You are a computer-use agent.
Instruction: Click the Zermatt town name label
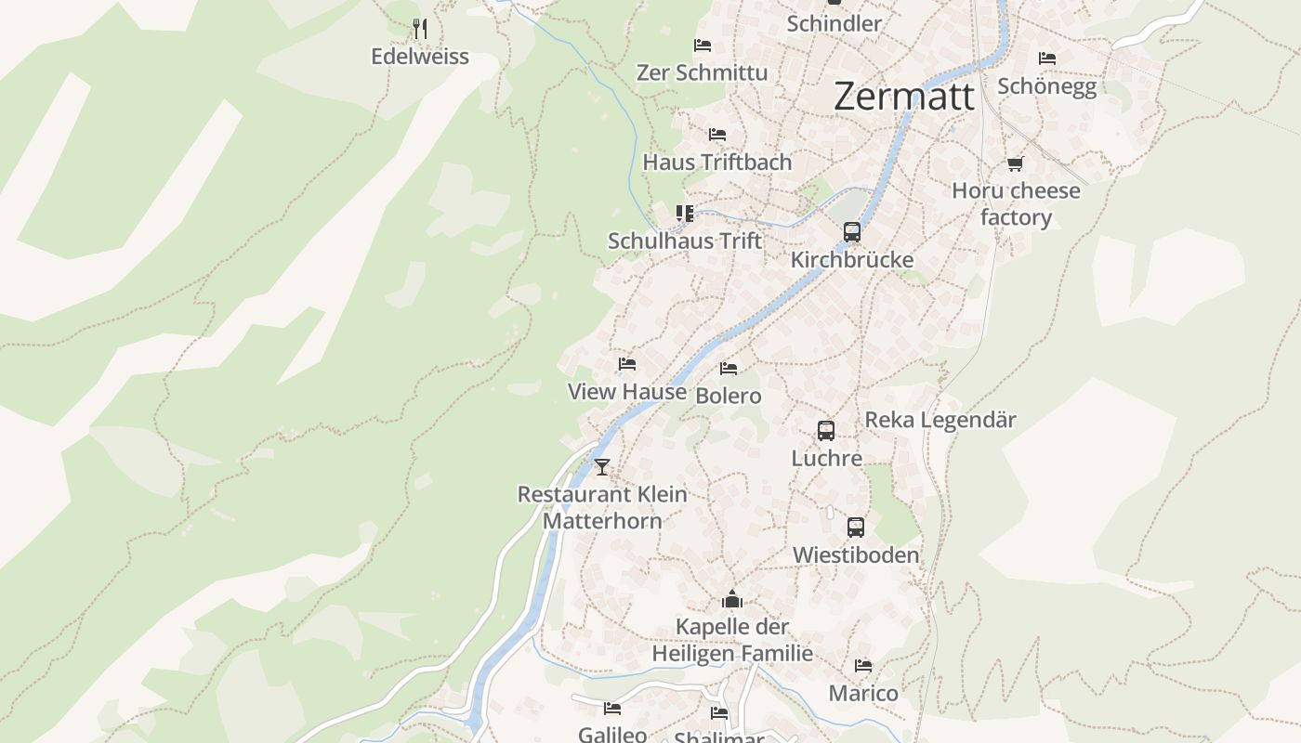click(x=903, y=97)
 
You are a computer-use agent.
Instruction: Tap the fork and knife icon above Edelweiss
click(x=420, y=29)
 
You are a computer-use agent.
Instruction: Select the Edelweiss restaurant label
click(x=420, y=57)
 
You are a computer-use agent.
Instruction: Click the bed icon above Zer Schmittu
click(x=703, y=45)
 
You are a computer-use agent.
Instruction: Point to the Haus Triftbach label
click(x=717, y=162)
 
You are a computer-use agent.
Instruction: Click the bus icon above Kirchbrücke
click(x=852, y=232)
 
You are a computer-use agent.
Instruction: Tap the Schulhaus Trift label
click(x=685, y=241)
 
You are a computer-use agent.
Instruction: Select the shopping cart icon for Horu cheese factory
click(x=1015, y=164)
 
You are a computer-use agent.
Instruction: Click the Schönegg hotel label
click(x=1046, y=86)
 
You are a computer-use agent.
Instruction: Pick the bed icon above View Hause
click(x=627, y=364)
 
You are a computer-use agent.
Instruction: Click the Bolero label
click(x=729, y=396)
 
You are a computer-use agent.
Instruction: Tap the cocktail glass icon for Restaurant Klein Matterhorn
click(x=602, y=466)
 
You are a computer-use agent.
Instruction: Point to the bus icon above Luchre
click(x=826, y=431)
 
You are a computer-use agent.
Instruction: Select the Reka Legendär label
click(x=940, y=420)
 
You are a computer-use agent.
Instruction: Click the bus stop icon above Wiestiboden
click(x=856, y=528)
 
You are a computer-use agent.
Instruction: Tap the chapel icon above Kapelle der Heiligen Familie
click(x=732, y=599)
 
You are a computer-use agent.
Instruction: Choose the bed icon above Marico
click(x=863, y=666)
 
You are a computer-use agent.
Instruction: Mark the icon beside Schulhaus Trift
click(x=685, y=214)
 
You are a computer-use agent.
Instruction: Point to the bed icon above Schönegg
click(x=1047, y=58)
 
